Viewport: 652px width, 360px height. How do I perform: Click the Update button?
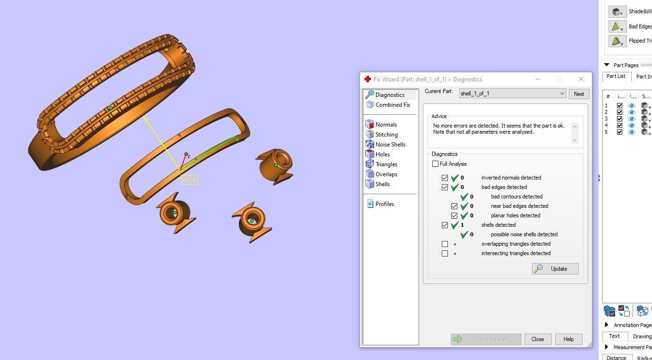555,269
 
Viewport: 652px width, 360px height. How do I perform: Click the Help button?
568,339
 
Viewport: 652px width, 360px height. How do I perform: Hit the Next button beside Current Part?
579,94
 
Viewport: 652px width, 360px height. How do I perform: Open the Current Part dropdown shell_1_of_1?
512,94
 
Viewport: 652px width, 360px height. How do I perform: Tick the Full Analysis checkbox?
435,164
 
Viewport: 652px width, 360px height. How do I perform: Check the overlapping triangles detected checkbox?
445,244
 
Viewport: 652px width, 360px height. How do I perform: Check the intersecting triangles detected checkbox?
445,254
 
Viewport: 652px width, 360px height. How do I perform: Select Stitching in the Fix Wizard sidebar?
386,135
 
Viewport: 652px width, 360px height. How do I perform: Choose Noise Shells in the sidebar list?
390,145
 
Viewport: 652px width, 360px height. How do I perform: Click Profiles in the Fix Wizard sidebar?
384,204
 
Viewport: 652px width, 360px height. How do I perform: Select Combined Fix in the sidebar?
393,105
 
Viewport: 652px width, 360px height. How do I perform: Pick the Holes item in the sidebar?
382,154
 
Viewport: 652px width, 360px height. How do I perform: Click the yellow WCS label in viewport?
189,180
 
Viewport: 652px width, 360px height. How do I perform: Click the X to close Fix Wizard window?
581,79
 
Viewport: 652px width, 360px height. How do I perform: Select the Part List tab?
616,76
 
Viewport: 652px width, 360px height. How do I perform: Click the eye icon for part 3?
632,119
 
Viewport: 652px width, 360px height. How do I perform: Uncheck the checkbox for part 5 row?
620,132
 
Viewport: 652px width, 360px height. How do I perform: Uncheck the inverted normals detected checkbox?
445,178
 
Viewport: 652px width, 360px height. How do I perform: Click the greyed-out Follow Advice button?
486,339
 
